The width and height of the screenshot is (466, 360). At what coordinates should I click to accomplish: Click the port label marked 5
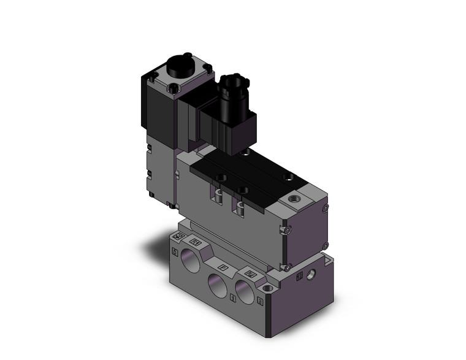click(x=175, y=252)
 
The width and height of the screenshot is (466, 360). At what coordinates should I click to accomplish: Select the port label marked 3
click(x=261, y=301)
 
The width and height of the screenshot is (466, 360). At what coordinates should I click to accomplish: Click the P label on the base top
click(x=223, y=267)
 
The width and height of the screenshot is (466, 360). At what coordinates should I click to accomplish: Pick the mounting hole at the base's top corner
click(x=267, y=288)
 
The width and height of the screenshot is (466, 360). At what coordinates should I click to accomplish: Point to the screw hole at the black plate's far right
click(x=288, y=178)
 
